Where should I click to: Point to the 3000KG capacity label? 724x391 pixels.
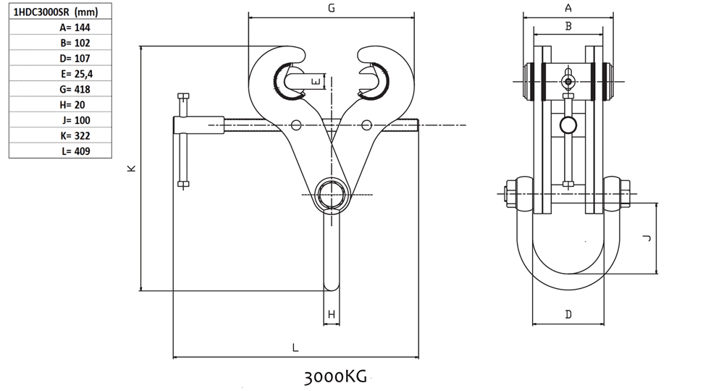(336, 377)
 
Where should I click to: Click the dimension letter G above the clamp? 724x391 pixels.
(332, 8)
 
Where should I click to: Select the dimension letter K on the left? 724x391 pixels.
(131, 168)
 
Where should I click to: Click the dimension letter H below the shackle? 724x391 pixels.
(332, 314)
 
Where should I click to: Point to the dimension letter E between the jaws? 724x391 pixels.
(315, 81)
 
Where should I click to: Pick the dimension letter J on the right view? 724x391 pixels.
(647, 238)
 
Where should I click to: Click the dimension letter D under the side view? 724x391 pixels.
(569, 314)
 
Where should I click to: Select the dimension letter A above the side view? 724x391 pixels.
(568, 8)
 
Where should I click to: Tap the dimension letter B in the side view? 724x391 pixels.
(568, 26)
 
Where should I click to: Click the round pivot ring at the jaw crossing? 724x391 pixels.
(332, 194)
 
